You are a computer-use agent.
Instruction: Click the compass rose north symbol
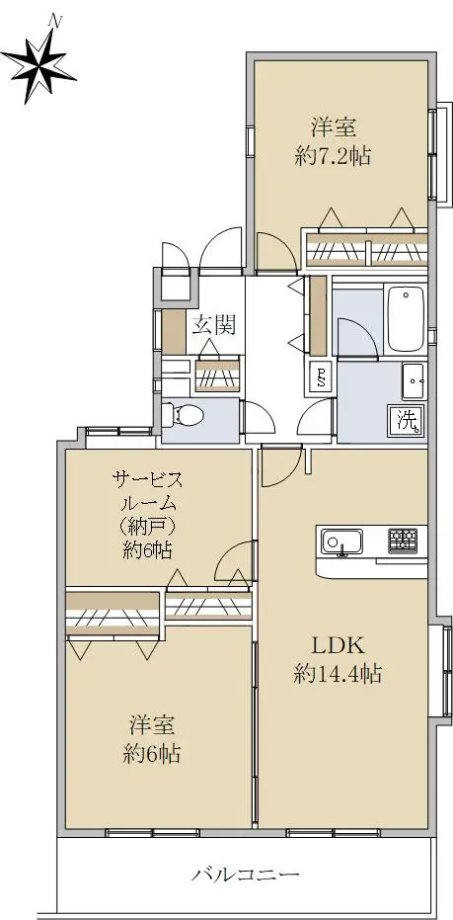38,64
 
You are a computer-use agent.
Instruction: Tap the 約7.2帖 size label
334,157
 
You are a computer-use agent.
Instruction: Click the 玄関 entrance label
214,324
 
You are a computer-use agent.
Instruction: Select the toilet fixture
183,415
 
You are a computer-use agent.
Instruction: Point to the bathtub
406,320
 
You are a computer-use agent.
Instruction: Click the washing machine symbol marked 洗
409,421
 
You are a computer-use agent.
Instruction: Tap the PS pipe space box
321,377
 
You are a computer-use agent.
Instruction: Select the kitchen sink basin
341,541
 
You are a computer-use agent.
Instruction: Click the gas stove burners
402,541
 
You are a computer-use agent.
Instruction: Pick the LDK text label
339,646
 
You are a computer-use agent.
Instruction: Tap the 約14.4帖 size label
339,674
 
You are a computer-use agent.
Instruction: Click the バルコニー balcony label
246,876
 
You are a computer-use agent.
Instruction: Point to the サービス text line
147,481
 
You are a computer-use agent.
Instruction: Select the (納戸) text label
147,527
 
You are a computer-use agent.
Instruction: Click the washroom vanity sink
415,380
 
